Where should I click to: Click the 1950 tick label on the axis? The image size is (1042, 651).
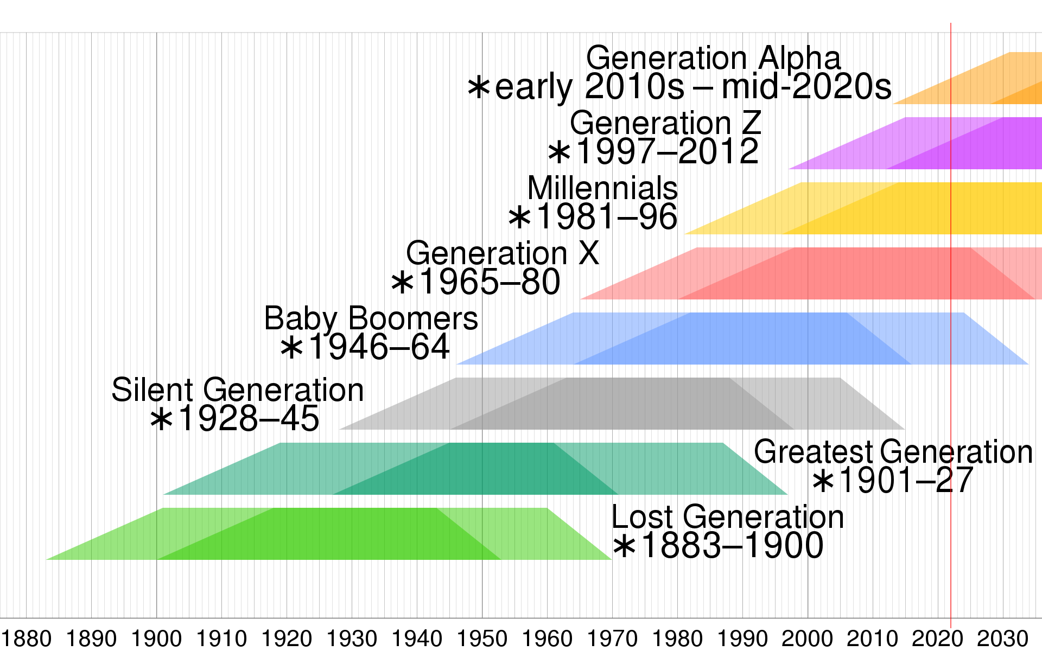(482, 639)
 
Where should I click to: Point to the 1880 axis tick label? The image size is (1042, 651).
(26, 639)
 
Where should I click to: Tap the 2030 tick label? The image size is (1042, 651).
(1003, 639)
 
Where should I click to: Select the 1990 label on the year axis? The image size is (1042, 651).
(742, 639)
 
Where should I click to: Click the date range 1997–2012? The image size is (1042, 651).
(666, 151)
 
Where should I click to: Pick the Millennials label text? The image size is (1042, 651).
(602, 188)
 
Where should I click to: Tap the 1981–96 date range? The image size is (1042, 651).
(607, 217)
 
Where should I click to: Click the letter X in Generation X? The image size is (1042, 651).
(588, 253)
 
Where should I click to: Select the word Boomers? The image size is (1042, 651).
(413, 318)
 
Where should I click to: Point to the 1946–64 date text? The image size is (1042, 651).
(379, 347)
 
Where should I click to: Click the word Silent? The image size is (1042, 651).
(153, 390)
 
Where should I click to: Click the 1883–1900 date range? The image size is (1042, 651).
(732, 546)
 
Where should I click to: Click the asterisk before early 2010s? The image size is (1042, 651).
(479, 87)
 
